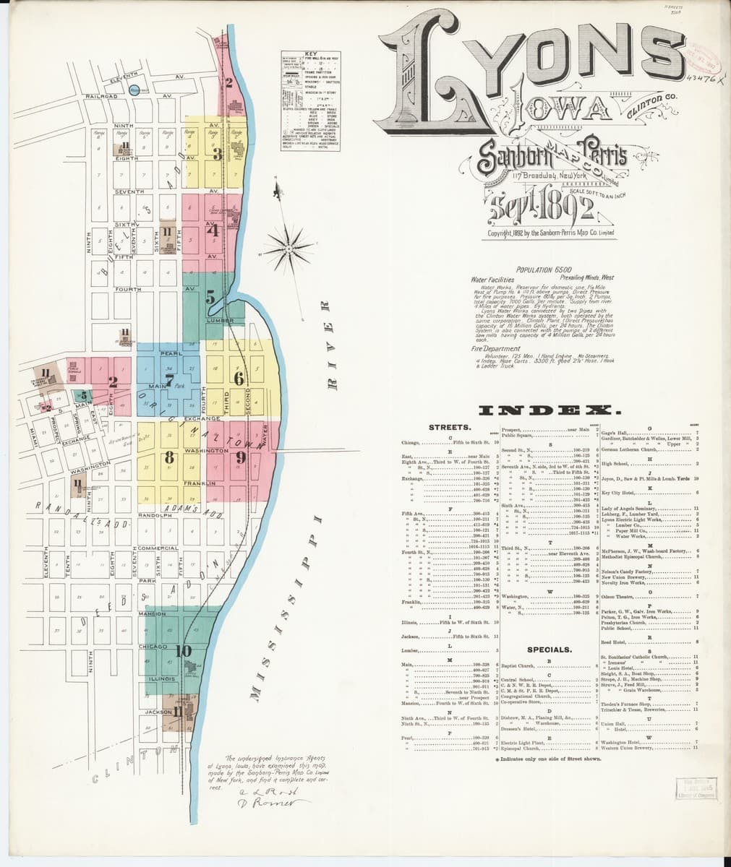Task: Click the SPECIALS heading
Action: (x=550, y=649)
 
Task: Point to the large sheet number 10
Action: (x=183, y=651)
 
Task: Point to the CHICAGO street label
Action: (x=153, y=645)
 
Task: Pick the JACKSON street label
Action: (x=158, y=712)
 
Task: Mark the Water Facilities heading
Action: (x=492, y=278)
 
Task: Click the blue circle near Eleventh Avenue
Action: (x=134, y=90)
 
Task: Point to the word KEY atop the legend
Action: (x=311, y=54)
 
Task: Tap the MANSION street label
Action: (x=153, y=613)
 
